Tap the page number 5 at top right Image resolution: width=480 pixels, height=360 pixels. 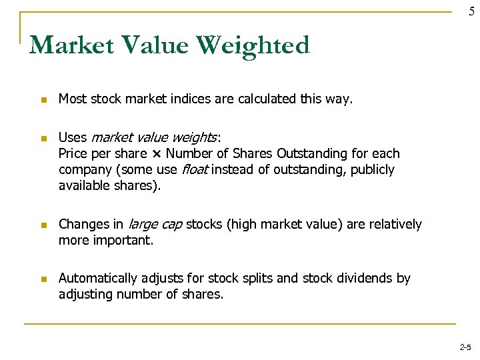pyautogui.click(x=471, y=11)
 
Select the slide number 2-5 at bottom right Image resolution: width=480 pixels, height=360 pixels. pyautogui.click(x=465, y=347)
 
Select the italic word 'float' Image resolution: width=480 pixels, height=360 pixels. pyautogui.click(x=195, y=170)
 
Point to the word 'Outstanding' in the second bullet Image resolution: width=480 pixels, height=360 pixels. pyautogui.click(x=309, y=154)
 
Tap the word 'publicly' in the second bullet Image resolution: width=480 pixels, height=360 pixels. pyautogui.click(x=373, y=170)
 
